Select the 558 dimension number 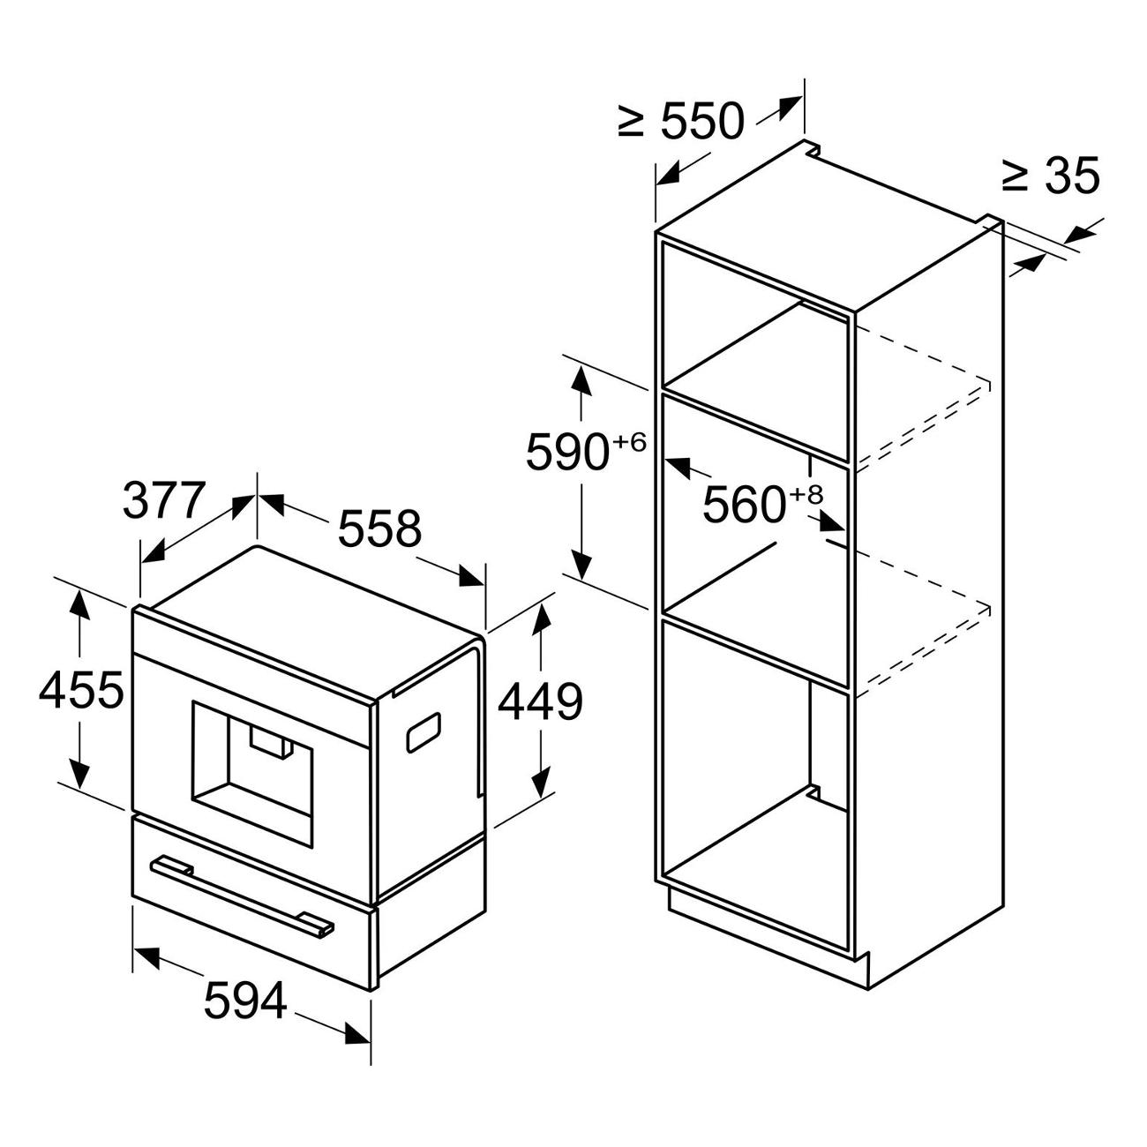coord(379,529)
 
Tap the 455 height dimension coord(81,691)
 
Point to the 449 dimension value coord(541,703)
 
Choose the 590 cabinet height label coord(568,454)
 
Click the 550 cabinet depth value coord(702,122)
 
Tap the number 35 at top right coord(1071,176)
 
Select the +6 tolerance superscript coord(629,442)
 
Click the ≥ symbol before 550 coord(630,122)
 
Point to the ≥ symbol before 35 coord(1015,176)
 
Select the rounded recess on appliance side coord(424,732)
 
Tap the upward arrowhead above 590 coord(581,382)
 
